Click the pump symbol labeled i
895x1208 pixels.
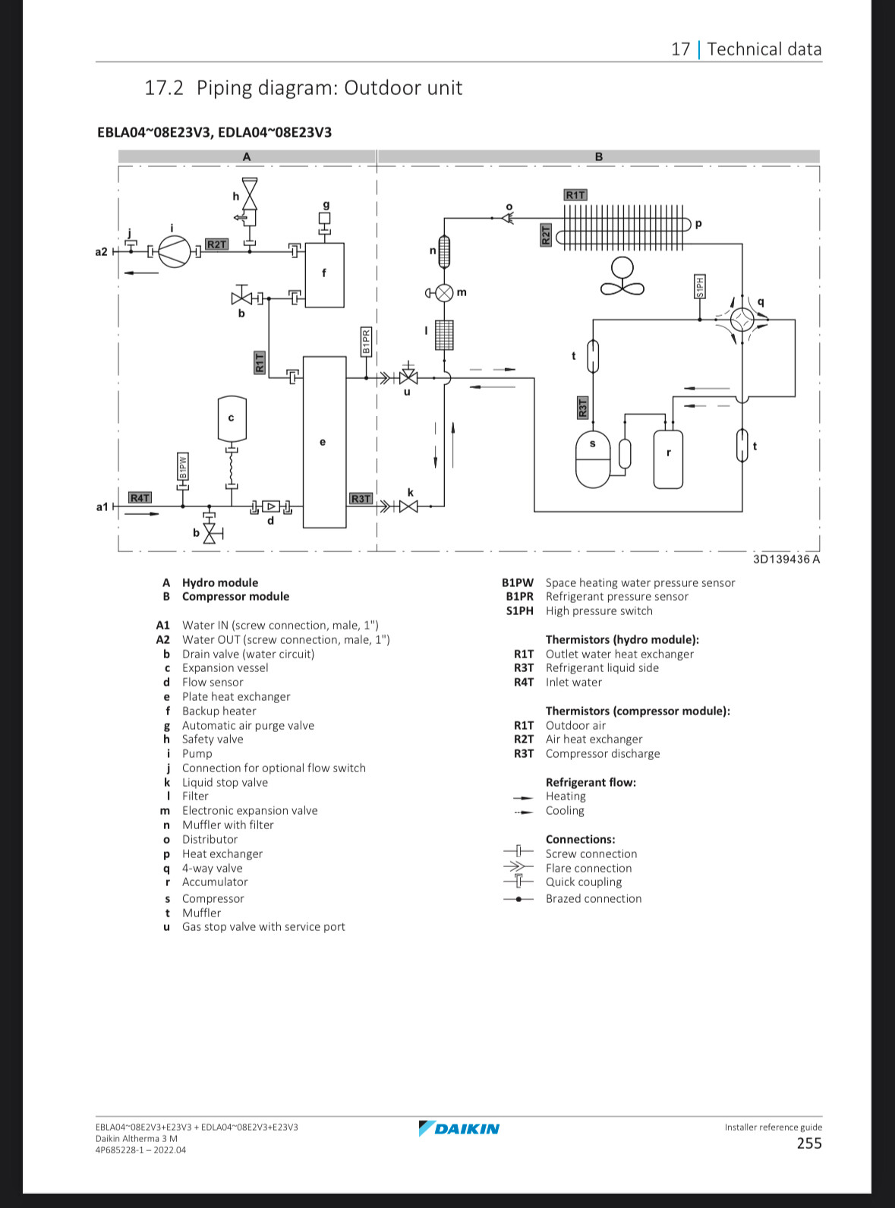175,251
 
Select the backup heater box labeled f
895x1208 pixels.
325,275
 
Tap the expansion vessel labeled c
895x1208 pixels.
232,419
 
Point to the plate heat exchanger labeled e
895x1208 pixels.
325,442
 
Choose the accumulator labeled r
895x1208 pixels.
668,459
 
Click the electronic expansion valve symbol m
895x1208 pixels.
445,293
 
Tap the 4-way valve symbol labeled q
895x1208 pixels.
742,320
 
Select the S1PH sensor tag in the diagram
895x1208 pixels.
700,286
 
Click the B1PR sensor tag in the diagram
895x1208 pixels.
366,342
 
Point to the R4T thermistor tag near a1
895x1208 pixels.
140,498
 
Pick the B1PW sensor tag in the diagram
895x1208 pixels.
183,466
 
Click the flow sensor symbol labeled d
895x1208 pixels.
271,507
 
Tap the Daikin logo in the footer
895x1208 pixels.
459,1128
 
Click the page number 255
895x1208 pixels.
809,1143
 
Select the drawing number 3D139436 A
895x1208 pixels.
786,560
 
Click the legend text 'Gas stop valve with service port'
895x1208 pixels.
263,926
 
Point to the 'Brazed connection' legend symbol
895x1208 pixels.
518,899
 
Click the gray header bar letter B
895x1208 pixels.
599,157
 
